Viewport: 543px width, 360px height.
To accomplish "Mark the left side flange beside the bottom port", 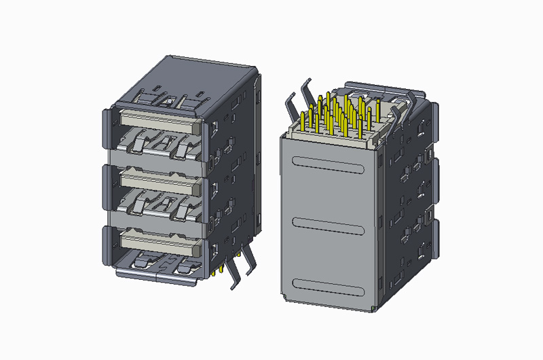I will tap(106, 248).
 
